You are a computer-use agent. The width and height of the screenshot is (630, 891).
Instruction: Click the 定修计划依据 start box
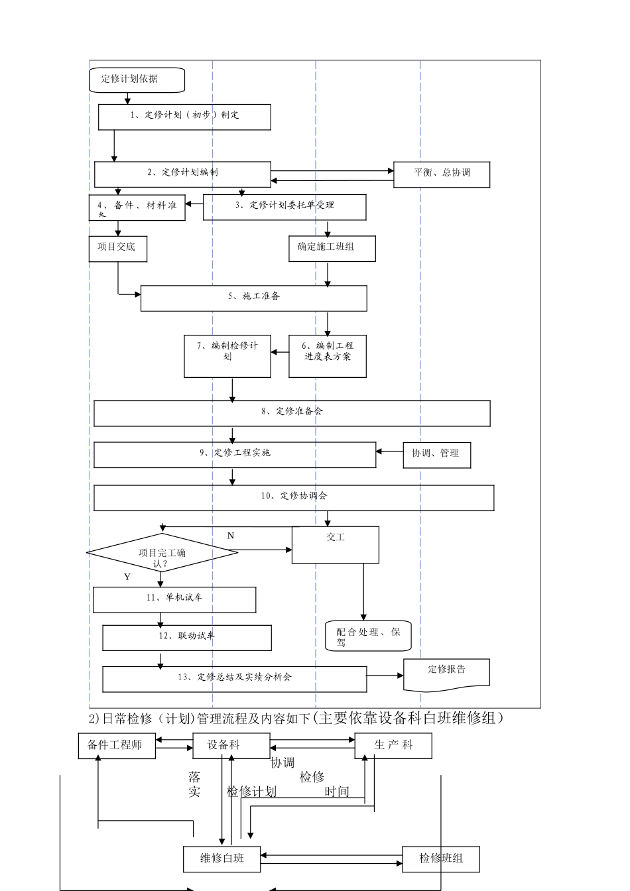[x=137, y=80]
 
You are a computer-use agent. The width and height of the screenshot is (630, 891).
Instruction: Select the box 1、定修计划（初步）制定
[x=184, y=117]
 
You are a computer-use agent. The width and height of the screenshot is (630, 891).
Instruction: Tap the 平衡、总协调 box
[x=442, y=174]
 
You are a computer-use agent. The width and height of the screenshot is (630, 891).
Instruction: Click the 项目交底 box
[x=117, y=249]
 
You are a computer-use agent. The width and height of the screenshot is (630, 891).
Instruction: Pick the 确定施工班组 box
[x=332, y=249]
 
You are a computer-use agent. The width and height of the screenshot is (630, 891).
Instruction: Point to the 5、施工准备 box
[x=253, y=298]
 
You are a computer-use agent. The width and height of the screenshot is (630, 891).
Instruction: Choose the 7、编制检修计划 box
[x=227, y=357]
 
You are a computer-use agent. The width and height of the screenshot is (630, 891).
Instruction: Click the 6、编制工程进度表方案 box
[x=328, y=357]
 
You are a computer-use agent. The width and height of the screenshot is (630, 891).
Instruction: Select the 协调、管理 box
[x=437, y=455]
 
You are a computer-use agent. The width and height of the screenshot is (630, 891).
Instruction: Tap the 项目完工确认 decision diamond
[x=162, y=553]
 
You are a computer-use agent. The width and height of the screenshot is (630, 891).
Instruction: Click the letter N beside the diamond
[x=231, y=536]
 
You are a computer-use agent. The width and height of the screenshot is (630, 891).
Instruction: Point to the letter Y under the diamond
[x=127, y=577]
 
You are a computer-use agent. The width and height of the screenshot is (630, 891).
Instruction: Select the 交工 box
[x=336, y=545]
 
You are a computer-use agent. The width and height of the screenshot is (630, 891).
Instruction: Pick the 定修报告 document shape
[x=447, y=674]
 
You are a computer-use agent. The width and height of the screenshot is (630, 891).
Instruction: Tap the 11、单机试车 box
[x=174, y=599]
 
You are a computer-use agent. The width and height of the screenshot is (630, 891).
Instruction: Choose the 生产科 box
[x=393, y=746]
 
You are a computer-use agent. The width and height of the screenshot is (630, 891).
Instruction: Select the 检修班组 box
[x=441, y=859]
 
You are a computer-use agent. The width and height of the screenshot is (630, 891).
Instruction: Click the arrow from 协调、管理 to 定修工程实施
[x=389, y=451]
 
